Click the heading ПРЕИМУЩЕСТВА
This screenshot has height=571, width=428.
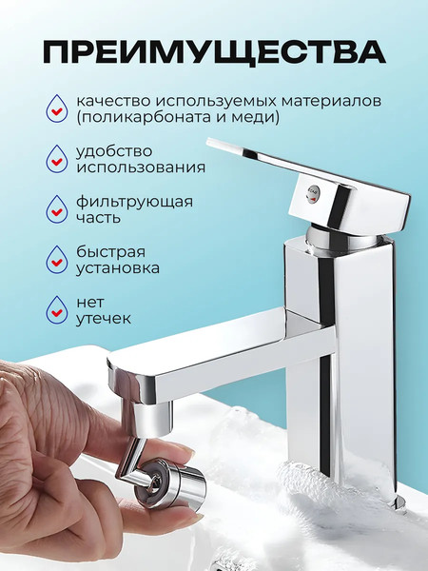(x=214, y=49)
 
